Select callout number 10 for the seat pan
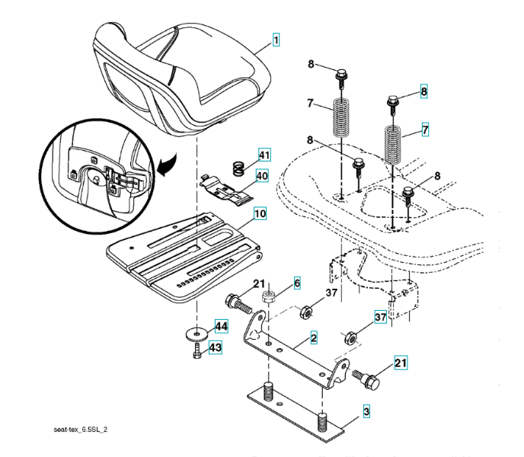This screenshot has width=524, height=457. point(260,214)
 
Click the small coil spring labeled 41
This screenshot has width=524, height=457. point(238,163)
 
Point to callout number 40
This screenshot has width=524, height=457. point(262,176)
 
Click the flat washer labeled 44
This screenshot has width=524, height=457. point(196,333)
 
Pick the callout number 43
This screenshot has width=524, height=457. point(216,347)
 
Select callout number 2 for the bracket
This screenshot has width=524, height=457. point(314,336)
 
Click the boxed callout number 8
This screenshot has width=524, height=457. point(424,91)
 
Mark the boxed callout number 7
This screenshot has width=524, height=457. point(425,129)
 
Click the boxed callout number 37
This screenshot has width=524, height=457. point(379,317)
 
